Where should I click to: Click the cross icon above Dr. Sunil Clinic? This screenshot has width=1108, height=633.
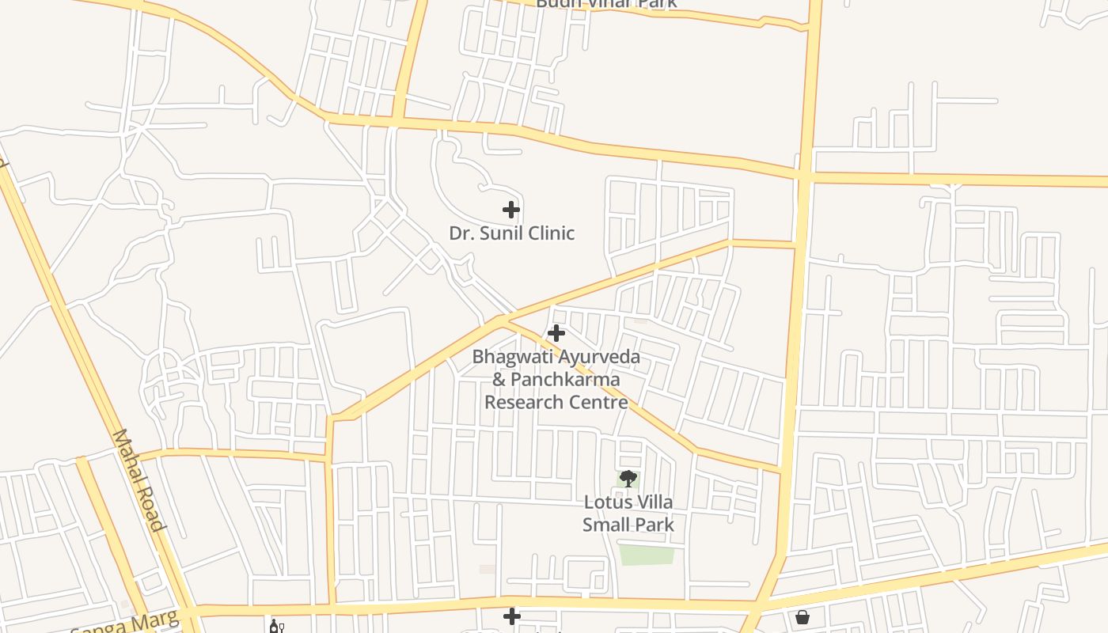[x=511, y=210]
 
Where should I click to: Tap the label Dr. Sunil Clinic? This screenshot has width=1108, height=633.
[x=511, y=233]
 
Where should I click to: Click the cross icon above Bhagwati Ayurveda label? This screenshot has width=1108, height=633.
[x=556, y=333]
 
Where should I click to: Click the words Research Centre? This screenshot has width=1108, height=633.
[x=556, y=402]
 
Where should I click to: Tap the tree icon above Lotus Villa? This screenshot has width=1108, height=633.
[x=628, y=479]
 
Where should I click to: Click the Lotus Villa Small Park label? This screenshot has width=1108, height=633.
[x=628, y=513]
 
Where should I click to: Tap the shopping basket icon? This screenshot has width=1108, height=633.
[x=803, y=616]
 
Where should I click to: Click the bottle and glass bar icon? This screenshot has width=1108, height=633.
[x=276, y=627]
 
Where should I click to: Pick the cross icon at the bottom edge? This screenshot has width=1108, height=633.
[x=512, y=616]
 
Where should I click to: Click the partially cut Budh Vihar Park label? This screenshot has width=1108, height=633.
[x=606, y=4]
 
